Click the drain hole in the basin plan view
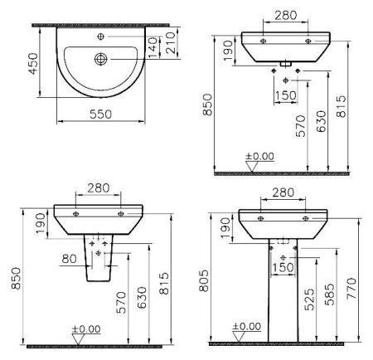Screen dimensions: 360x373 (100, 59)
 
